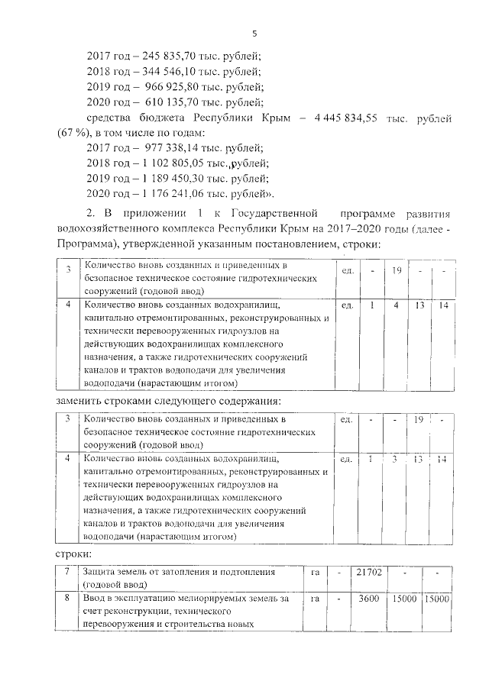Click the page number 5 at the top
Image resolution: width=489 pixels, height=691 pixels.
[x=254, y=34]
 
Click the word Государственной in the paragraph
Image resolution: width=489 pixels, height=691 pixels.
[x=268, y=215]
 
